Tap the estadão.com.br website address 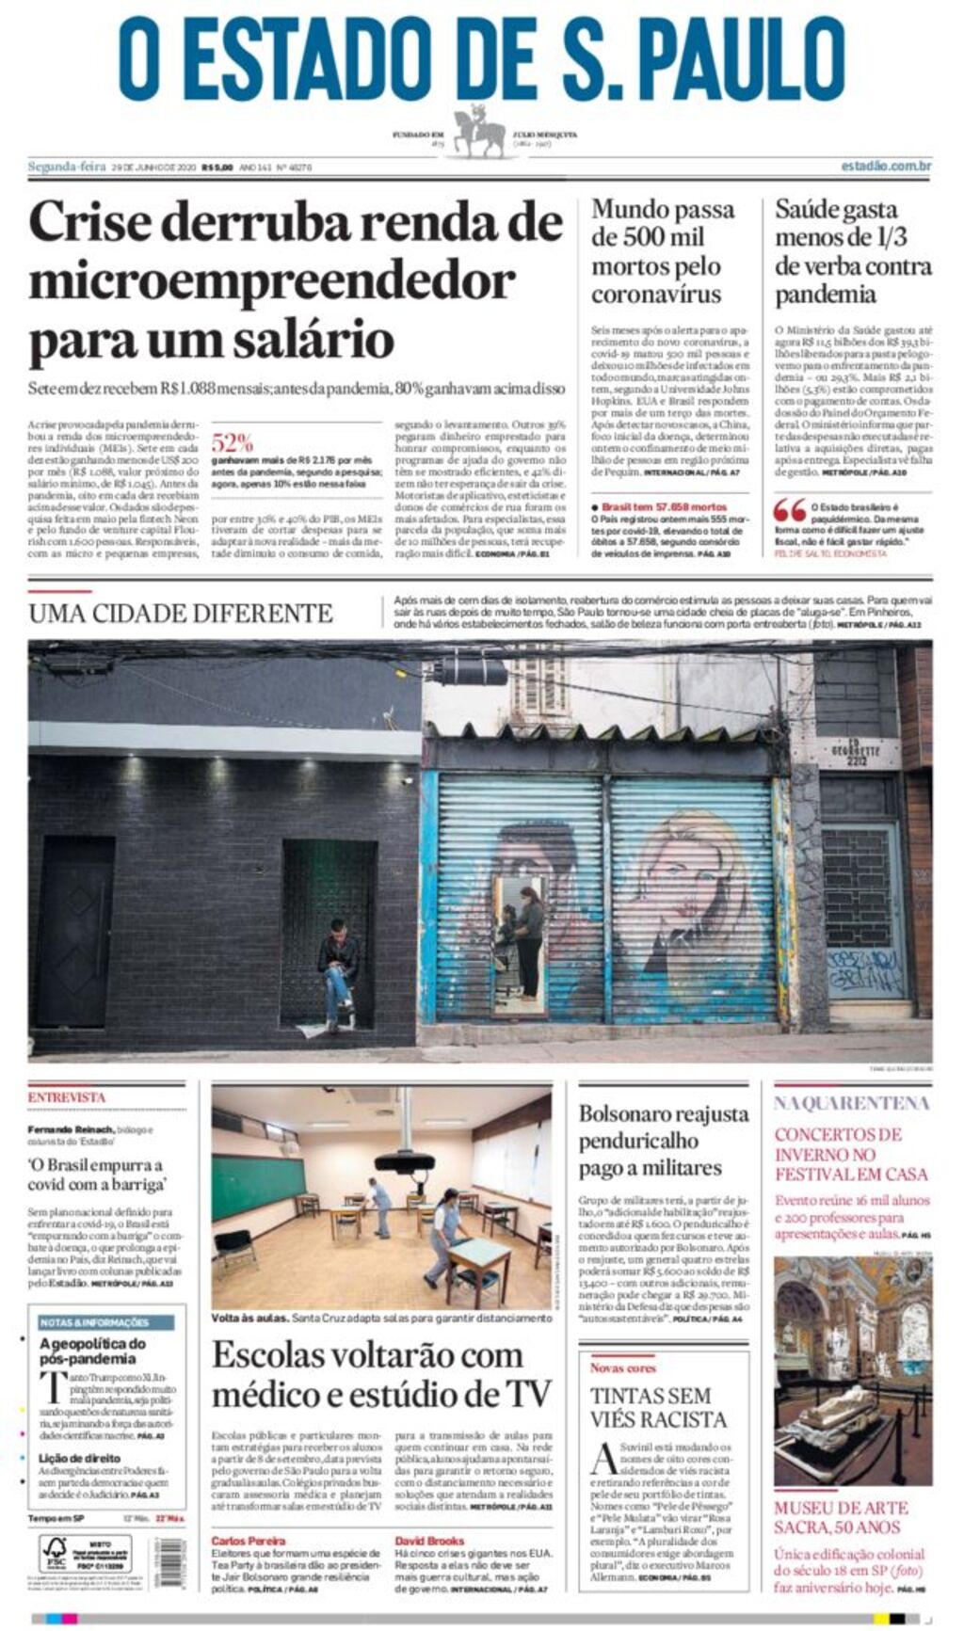pos(886,167)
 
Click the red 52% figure pos(232,442)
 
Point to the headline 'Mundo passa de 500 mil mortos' pos(662,251)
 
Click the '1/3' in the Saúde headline pos(890,237)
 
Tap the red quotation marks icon pos(790,510)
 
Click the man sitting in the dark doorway pos(336,969)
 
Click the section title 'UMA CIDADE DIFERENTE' pos(180,614)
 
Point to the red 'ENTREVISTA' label pos(67,1097)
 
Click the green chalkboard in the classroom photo pos(257,1187)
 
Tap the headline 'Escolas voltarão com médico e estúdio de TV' pos(381,1374)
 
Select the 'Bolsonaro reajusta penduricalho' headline pos(664,1141)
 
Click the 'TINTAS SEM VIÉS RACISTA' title pos(658,1407)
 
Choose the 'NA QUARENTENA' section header pos(852,1103)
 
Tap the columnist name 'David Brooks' pos(429,1541)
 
